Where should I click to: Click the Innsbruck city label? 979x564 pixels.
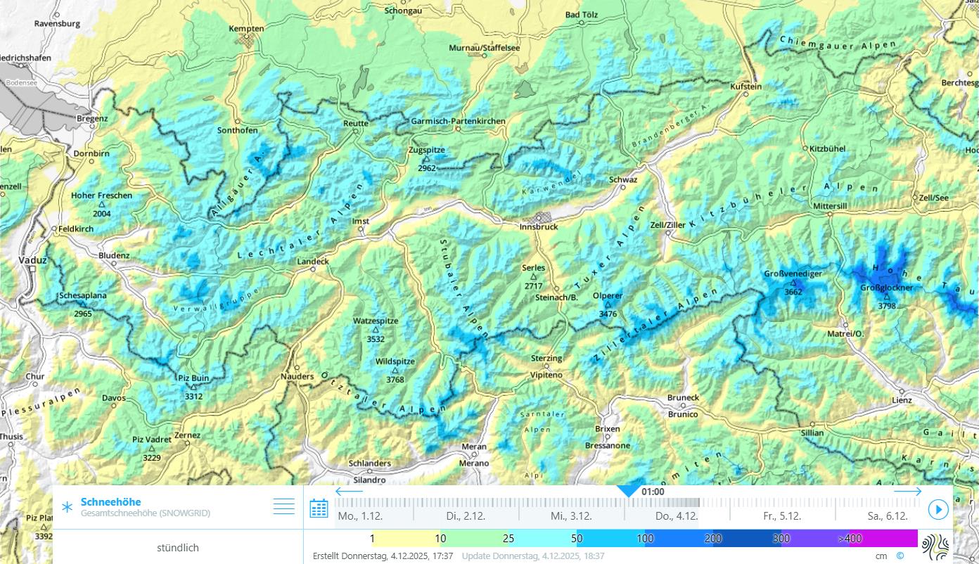pos(539,226)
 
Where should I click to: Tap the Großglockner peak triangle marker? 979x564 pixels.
pos(887,297)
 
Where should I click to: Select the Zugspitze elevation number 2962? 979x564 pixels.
pos(426,169)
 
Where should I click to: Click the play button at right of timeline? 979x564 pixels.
pos(938,509)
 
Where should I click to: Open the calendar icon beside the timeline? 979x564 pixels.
pos(319,508)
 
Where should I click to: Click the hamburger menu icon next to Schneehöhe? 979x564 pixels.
pos(283,506)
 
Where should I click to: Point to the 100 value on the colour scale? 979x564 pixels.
pos(645,539)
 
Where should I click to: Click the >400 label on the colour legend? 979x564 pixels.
pos(850,539)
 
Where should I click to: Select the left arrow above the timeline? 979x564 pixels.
pos(349,492)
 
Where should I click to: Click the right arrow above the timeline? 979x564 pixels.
pos(907,492)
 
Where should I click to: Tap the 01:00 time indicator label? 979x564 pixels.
pos(653,492)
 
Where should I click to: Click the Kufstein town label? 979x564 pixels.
pos(746,86)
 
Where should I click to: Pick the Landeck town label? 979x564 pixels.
pos(313,262)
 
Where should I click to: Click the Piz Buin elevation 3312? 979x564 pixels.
pos(193,397)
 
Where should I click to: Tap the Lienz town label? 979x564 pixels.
pos(902,400)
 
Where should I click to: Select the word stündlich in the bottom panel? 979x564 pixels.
pos(178,548)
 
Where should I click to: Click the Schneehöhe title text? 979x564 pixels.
pos(110,502)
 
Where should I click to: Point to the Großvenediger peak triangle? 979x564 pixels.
pos(793,283)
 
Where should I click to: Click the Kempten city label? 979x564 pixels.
pos(246,29)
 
